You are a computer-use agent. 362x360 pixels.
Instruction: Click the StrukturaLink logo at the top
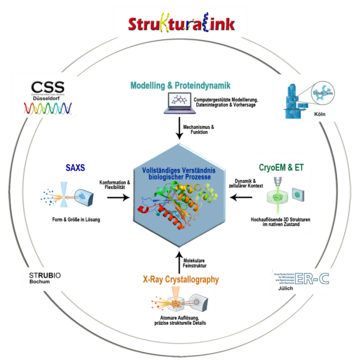point(181,21)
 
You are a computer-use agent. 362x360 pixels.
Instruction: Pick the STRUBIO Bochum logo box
point(41,279)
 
